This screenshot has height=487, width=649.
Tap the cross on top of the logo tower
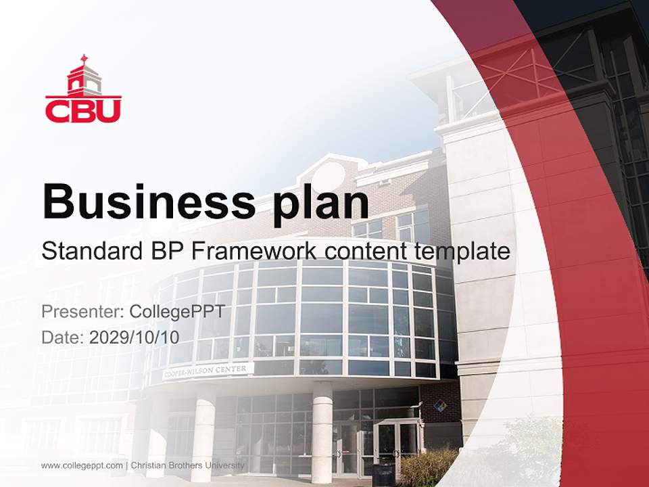click(x=84, y=59)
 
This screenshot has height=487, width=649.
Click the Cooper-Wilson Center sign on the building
click(x=208, y=371)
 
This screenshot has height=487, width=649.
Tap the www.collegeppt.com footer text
click(x=82, y=465)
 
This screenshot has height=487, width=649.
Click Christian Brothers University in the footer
click(x=187, y=465)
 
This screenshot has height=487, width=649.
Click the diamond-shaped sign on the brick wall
click(x=439, y=407)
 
